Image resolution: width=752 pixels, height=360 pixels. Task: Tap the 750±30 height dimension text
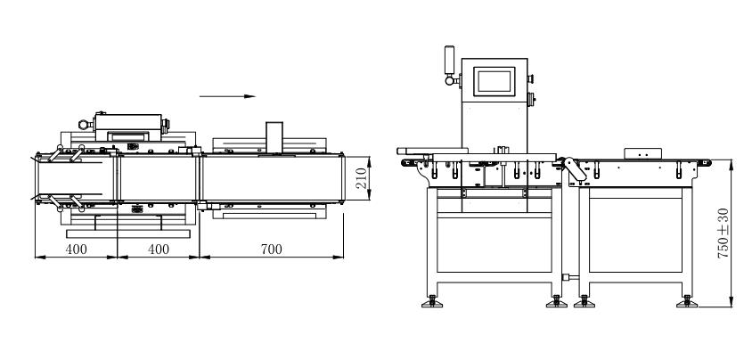point(722,233)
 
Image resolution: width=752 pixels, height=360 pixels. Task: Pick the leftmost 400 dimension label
point(76,250)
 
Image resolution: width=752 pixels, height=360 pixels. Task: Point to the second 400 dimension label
point(157,250)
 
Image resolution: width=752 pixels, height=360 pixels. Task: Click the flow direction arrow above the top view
point(227,96)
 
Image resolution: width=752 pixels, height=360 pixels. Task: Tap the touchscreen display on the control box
point(496,81)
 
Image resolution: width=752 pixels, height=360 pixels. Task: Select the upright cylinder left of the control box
point(449,58)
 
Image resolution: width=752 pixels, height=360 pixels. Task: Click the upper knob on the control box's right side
point(531,76)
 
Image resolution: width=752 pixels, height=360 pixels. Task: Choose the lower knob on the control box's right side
point(531,98)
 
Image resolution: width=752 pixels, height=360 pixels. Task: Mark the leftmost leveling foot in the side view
point(434,302)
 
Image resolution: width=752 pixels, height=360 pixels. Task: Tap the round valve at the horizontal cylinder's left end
point(82,125)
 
